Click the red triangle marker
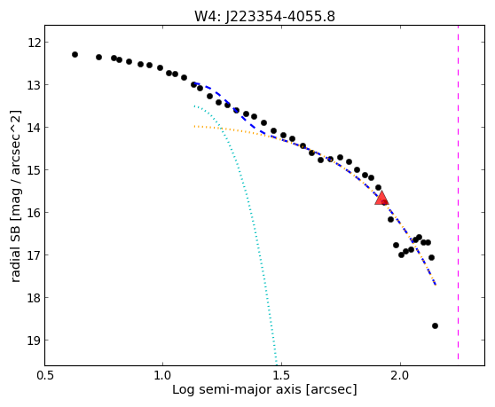click(381, 198)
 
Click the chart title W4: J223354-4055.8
click(264, 16)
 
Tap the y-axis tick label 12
click(34, 43)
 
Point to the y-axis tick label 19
click(34, 340)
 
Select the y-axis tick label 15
click(34, 170)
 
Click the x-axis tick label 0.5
click(45, 375)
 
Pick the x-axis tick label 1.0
click(162, 375)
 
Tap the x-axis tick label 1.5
click(281, 375)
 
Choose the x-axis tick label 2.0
click(400, 375)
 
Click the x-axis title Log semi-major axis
click(237, 389)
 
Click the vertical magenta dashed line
click(458, 192)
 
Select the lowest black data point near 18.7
click(435, 326)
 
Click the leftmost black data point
click(75, 55)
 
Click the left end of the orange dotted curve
click(195, 126)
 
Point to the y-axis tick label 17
click(34, 254)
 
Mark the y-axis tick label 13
click(34, 85)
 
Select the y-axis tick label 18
click(34, 298)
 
